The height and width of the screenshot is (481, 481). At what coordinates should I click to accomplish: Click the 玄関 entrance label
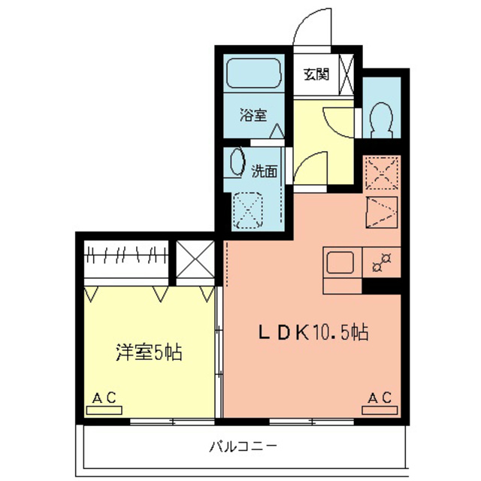(x=316, y=74)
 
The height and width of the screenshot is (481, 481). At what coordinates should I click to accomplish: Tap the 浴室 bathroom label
(x=253, y=115)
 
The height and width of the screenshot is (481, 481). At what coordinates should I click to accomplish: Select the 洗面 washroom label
(x=265, y=171)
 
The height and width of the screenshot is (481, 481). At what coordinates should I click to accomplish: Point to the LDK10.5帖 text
(x=313, y=332)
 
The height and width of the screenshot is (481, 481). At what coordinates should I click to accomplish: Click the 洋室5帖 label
(x=149, y=352)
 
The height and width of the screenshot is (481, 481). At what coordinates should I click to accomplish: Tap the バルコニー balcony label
(x=243, y=446)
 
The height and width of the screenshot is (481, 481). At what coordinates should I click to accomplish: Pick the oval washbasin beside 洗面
(x=237, y=162)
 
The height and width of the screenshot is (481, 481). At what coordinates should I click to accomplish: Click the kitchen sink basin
(x=340, y=262)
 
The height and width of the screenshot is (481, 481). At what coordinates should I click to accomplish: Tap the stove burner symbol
(x=382, y=263)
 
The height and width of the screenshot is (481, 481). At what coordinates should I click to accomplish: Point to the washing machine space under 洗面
(x=248, y=210)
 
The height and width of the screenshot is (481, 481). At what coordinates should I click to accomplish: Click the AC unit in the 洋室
(x=104, y=410)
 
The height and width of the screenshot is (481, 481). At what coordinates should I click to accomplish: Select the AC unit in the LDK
(x=380, y=410)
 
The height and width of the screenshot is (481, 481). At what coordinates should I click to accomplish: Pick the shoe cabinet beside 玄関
(x=346, y=74)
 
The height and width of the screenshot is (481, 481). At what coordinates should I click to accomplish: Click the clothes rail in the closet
(x=126, y=255)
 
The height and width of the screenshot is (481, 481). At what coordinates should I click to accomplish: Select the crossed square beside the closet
(x=195, y=259)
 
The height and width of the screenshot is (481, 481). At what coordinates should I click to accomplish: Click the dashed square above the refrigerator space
(x=382, y=173)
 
